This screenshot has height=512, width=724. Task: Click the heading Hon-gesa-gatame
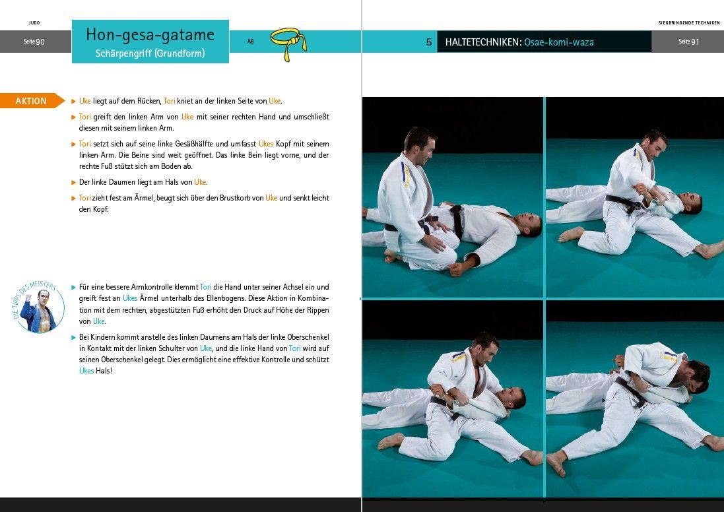pyautogui.click(x=150, y=35)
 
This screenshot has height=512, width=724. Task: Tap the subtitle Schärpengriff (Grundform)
pyautogui.click(x=150, y=53)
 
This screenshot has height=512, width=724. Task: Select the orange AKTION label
pyautogui.click(x=32, y=101)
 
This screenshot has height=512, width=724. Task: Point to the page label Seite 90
pyautogui.click(x=34, y=42)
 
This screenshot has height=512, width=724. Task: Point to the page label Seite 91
pyautogui.click(x=688, y=42)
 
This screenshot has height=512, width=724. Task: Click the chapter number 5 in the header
pyautogui.click(x=429, y=42)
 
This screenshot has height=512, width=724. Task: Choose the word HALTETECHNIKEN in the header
pyautogui.click(x=482, y=42)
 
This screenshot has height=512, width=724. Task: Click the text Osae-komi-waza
pyautogui.click(x=559, y=42)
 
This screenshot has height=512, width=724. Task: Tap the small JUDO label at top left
pyautogui.click(x=34, y=22)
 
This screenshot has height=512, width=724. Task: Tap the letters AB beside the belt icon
pyautogui.click(x=251, y=42)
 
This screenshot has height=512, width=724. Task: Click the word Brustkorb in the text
pyautogui.click(x=244, y=198)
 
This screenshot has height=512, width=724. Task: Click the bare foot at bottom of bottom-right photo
pyautogui.click(x=556, y=463)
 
